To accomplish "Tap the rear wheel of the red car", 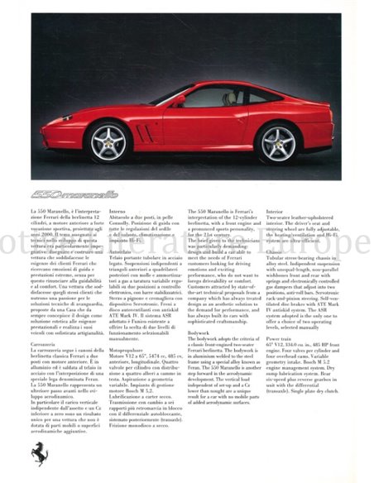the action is (276, 143).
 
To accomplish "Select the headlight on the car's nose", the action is (59, 117).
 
